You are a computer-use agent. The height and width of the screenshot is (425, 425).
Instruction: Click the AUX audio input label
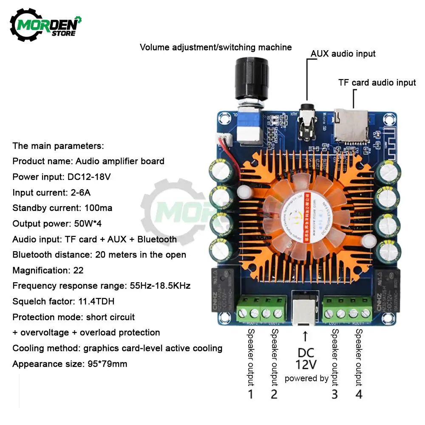click(343, 54)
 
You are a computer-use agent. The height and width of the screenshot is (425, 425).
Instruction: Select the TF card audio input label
click(377, 82)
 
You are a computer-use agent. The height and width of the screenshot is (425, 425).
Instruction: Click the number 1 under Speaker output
click(250, 394)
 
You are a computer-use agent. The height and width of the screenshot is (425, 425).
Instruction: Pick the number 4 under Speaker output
click(359, 394)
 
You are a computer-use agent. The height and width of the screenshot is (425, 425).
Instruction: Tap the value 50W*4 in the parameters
click(89, 224)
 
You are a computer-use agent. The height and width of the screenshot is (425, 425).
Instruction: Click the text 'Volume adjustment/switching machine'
click(216, 47)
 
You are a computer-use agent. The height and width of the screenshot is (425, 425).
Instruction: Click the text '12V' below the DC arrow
click(306, 364)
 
